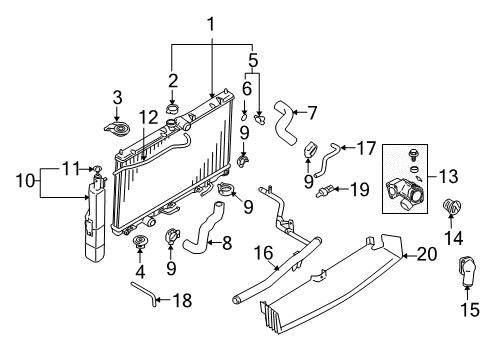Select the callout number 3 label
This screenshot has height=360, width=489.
117,96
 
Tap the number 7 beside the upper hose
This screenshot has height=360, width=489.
311,112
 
